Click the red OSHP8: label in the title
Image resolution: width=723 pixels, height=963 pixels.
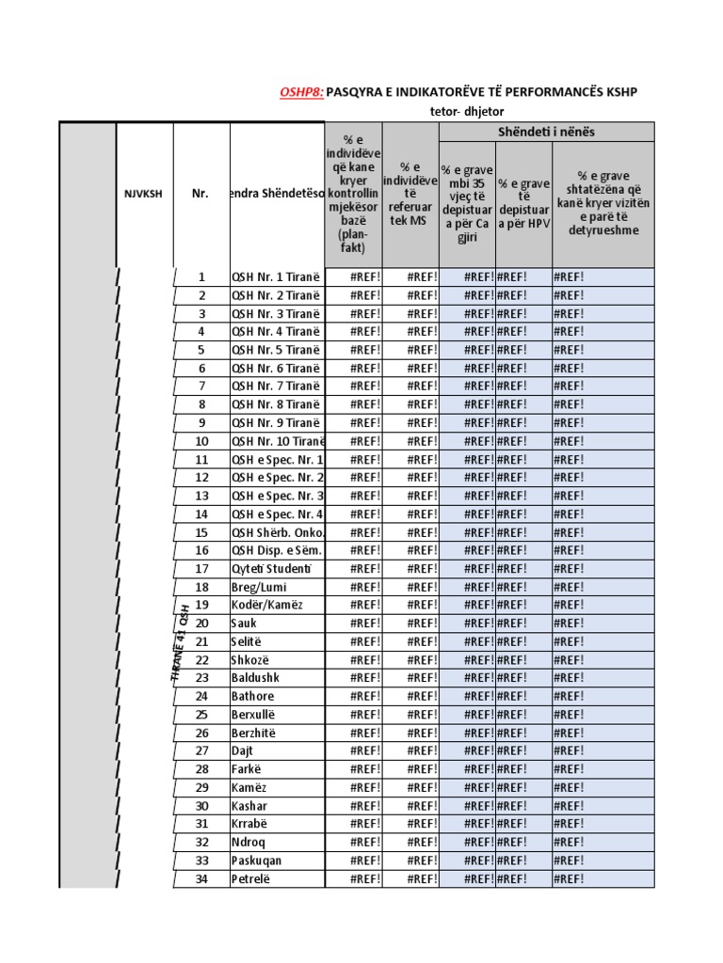tap(301, 92)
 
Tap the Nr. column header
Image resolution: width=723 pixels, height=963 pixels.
tap(201, 194)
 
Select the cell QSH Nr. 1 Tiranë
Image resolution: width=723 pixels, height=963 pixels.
tap(276, 276)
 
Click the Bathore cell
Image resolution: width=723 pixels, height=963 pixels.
tap(253, 696)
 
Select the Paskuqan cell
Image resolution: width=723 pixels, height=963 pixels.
tap(257, 860)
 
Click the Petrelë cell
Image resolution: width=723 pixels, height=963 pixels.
tap(250, 879)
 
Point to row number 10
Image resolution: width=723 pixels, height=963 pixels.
tap(201, 441)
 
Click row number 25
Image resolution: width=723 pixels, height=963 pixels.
tap(201, 715)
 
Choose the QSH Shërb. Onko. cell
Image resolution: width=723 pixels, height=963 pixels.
tap(277, 532)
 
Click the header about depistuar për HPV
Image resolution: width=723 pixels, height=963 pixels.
tap(523, 203)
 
